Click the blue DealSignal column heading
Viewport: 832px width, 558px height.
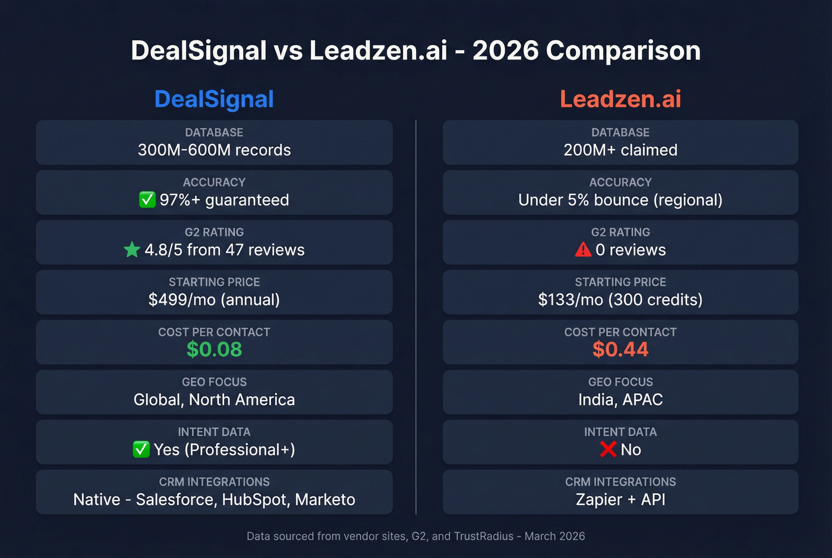click(x=214, y=99)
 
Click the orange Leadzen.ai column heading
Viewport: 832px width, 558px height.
click(x=620, y=99)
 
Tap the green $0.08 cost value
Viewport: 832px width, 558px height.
click(x=214, y=349)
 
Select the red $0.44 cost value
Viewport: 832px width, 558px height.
click(x=620, y=349)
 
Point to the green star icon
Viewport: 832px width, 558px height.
click(x=132, y=250)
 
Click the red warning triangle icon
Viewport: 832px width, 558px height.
click(x=583, y=250)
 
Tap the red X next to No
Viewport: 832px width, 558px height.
click(x=608, y=449)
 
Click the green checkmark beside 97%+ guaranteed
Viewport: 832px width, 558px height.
click(x=147, y=200)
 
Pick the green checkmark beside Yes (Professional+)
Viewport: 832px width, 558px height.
click(x=141, y=449)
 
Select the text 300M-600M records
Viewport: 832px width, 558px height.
click(x=214, y=150)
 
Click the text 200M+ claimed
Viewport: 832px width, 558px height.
click(x=620, y=150)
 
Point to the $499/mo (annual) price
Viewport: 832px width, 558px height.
click(x=214, y=300)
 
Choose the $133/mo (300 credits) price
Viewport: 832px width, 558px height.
click(x=620, y=300)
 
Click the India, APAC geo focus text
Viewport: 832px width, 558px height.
click(x=620, y=399)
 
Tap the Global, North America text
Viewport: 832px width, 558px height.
click(x=214, y=399)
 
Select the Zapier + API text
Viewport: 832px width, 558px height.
click(x=620, y=499)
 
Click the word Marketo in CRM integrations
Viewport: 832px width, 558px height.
click(x=325, y=499)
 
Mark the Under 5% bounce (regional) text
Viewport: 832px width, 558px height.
click(x=620, y=200)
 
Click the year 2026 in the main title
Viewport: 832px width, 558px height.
click(x=505, y=51)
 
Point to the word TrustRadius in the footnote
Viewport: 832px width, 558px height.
click(x=483, y=536)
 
